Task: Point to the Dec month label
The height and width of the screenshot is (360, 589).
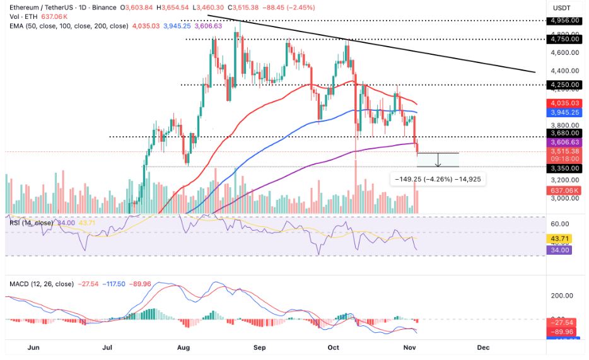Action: pyautogui.click(x=483, y=347)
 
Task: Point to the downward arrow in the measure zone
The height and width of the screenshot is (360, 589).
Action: pyautogui.click(x=438, y=160)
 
